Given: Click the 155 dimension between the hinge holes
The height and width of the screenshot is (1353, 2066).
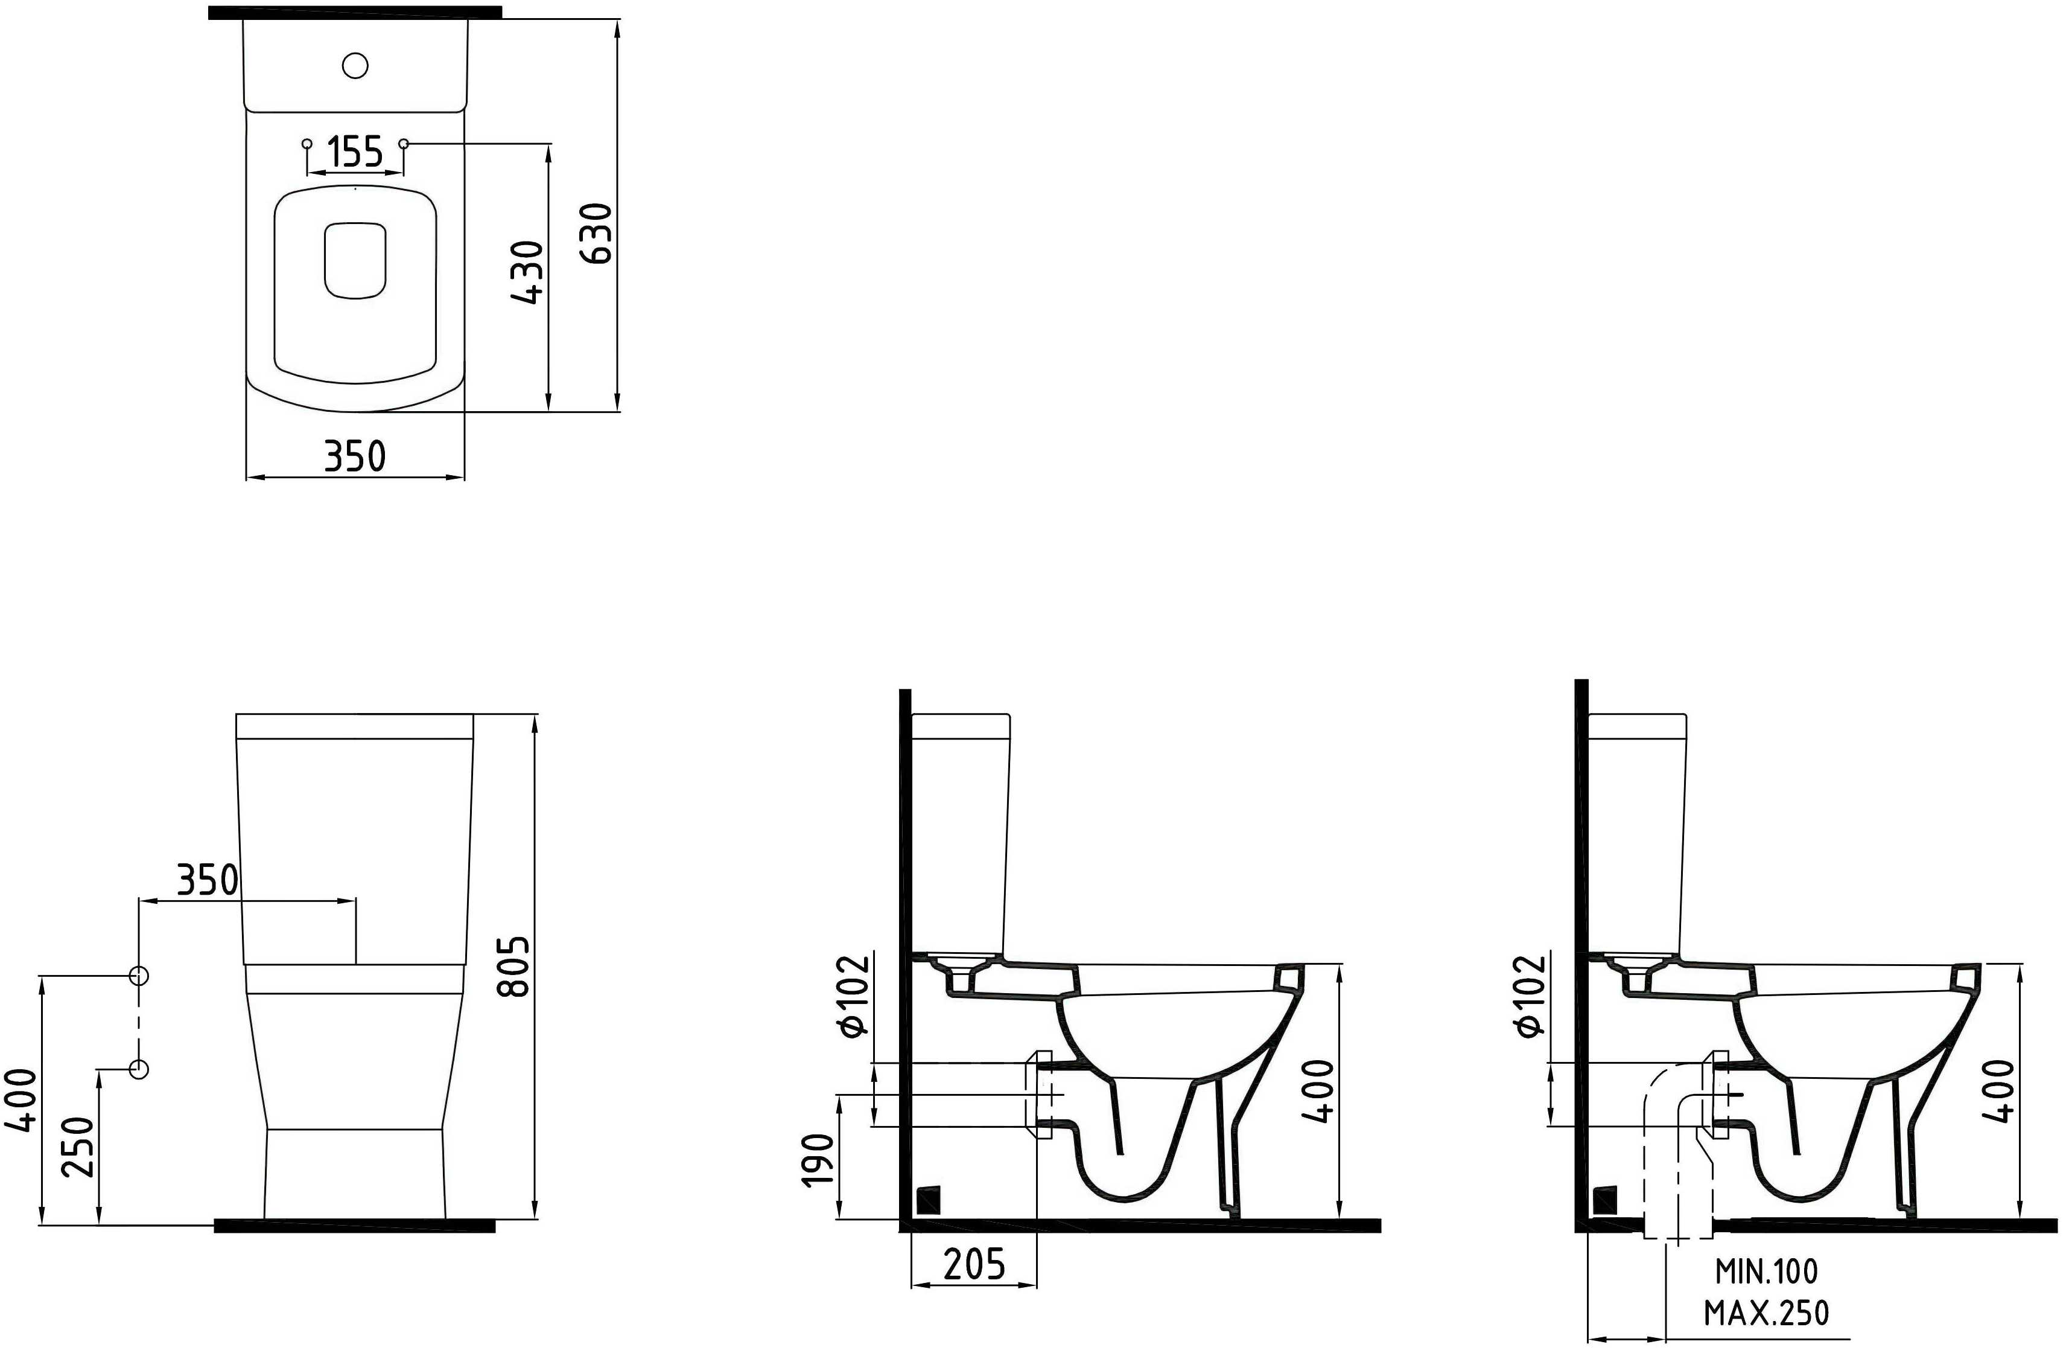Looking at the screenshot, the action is point(356,153).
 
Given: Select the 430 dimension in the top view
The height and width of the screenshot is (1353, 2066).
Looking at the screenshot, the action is point(529,273).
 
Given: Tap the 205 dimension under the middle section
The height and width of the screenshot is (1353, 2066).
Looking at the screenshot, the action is point(974,1264).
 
